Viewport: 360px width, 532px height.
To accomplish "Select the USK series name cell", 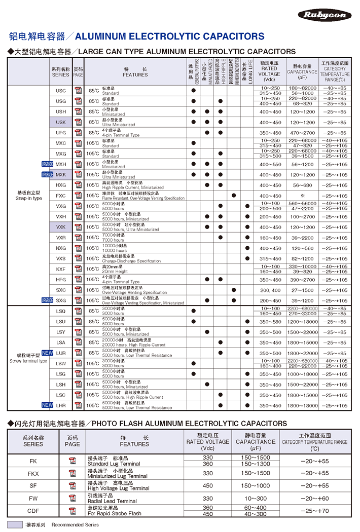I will pos(61,122).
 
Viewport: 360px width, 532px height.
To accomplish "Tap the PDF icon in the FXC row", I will pos(78,196).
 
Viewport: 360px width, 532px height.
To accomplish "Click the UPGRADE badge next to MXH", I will pos(47,164).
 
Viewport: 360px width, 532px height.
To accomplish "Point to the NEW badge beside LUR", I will pos(47,353).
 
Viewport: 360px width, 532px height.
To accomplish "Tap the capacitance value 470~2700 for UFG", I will pos(303,133).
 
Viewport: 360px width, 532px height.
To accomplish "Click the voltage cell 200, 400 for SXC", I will pos(270,290).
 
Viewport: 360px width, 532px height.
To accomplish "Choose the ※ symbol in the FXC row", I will pos(303,196).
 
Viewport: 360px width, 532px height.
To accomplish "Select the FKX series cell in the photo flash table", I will pos(33,473).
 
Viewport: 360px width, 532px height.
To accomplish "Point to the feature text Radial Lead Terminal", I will pos(112,501).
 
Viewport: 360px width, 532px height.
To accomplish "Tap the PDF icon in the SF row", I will pos(72,485).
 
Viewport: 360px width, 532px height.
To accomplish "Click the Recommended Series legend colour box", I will pos(15,525).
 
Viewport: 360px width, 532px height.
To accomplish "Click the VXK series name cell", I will pos(61,227).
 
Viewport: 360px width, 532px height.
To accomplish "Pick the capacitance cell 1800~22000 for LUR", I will pos(303,353).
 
